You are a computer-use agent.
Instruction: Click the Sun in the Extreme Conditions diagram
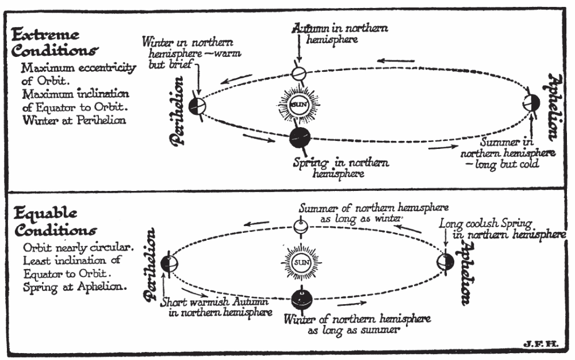(298, 105)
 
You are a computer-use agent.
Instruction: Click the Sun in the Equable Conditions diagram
(300, 263)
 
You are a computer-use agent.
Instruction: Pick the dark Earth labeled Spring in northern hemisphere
(300, 137)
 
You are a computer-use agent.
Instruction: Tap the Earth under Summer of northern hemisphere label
(300, 228)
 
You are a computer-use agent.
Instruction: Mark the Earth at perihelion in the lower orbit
(168, 263)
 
